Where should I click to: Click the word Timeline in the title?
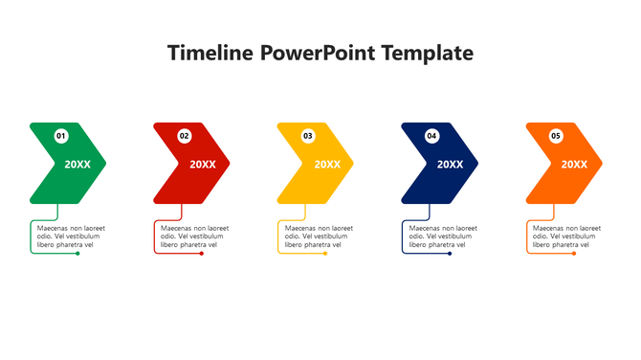(x=209, y=53)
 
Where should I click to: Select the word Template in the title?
(x=427, y=53)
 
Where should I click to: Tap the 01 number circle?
(x=61, y=136)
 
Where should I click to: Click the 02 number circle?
(x=185, y=136)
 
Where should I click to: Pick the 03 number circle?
(x=308, y=136)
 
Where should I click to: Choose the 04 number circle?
(x=431, y=136)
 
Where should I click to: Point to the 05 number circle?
(x=556, y=136)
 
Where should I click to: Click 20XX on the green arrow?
(x=78, y=164)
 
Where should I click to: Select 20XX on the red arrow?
(x=203, y=164)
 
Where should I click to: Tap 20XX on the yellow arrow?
(x=327, y=164)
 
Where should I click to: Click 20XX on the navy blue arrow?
(x=450, y=164)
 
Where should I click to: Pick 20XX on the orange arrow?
(x=574, y=164)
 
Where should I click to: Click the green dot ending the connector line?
(x=78, y=254)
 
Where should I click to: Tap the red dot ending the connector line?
(x=202, y=254)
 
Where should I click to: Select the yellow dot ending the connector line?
(x=325, y=254)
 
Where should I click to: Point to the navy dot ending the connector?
(x=450, y=254)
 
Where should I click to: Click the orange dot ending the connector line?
(x=574, y=254)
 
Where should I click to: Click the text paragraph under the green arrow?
(x=70, y=236)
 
